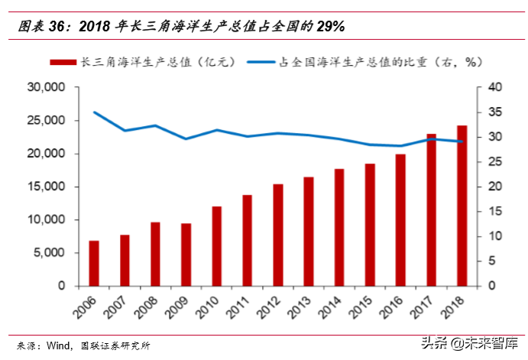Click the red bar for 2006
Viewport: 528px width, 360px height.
94,263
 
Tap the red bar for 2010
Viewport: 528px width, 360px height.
217,246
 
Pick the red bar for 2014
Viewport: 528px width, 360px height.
339,227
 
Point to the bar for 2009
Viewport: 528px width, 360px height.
186,255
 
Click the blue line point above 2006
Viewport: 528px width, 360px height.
94,112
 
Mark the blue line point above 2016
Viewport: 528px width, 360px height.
401,146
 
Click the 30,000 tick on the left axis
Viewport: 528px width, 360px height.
46,88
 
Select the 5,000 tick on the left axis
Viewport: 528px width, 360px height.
50,253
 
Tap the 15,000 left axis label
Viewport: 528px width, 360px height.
46,187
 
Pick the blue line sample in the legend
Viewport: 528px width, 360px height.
263,61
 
